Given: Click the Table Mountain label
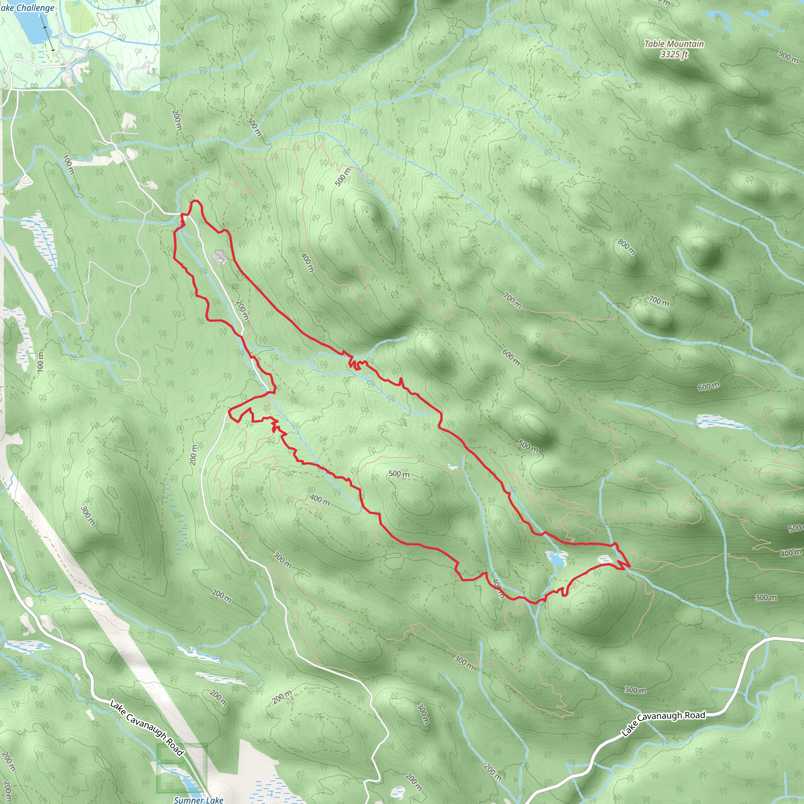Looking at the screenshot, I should pos(674,44).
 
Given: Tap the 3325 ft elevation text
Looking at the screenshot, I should pos(674,55).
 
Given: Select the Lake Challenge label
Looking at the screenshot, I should pos(27,8).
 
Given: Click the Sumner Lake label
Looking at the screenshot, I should pos(199,800).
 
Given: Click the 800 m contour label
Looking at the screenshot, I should pos(626,247).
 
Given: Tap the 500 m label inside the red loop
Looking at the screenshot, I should pos(399,474).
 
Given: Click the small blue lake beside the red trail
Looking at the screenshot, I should pos(556,559).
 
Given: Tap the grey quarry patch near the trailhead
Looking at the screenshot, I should pos(219,257).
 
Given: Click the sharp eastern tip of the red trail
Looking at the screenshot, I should pos(629,566).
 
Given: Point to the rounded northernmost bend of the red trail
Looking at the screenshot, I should pos(196,202).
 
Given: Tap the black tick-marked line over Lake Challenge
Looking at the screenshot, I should pos(47,31).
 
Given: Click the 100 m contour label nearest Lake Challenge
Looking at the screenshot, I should pos(69,164).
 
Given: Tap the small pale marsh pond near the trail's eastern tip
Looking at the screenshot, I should pos(605,559).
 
